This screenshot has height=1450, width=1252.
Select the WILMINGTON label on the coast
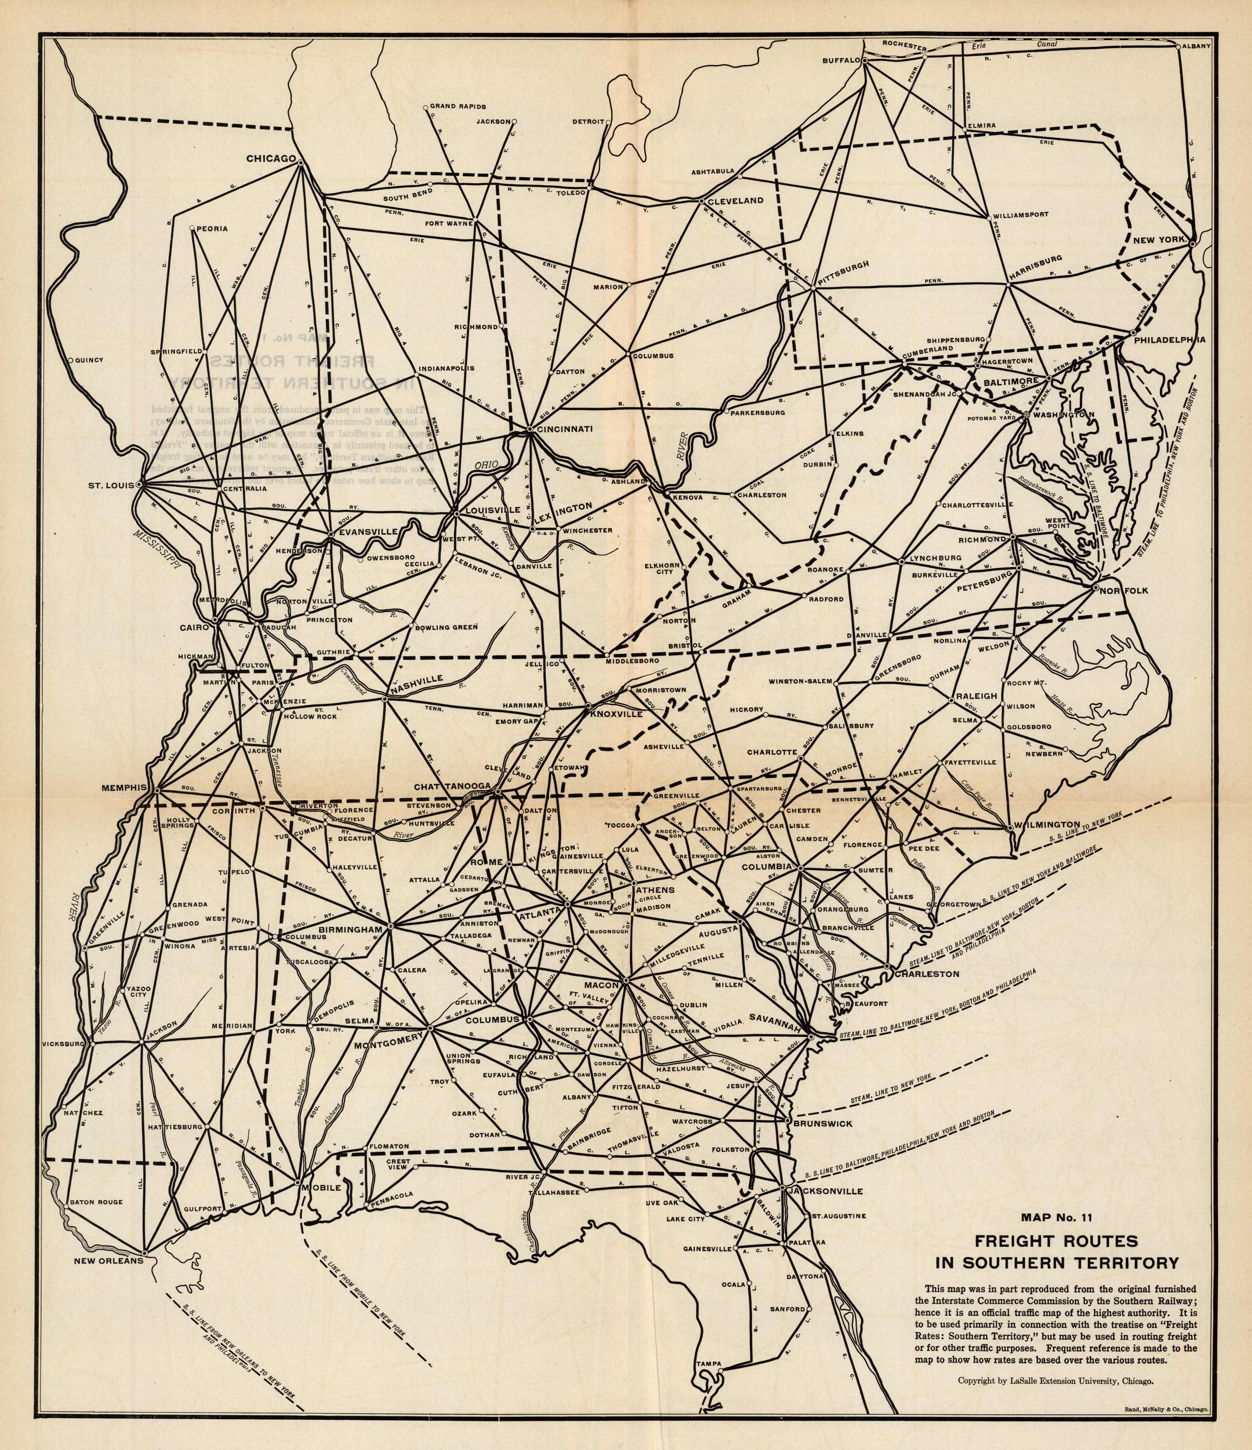pyautogui.click(x=1048, y=824)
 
